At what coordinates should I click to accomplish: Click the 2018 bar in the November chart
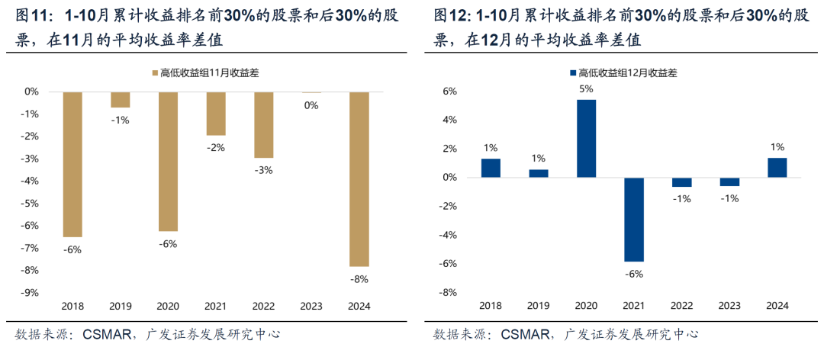72,164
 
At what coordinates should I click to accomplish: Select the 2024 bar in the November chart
359,178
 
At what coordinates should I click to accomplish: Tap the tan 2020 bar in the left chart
168,161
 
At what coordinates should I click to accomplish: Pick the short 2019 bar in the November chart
121,100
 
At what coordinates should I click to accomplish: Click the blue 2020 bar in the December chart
586,139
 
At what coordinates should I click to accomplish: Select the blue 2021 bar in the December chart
633,220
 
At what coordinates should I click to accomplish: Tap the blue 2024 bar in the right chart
777,168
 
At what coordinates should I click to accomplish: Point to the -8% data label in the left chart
359,278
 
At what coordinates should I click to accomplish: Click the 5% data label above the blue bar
586,88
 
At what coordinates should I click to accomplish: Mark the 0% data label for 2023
311,105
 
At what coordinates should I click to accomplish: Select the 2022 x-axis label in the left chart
263,306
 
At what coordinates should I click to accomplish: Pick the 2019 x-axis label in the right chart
539,306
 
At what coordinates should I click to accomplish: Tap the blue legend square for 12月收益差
572,73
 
